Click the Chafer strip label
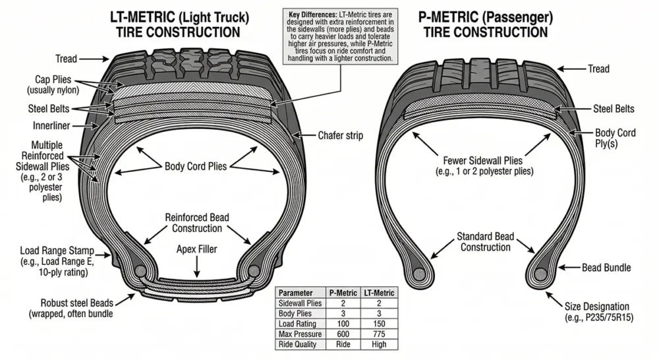[340, 136]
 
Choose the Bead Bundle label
[606, 268]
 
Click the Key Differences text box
[341, 36]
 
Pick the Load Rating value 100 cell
[343, 323]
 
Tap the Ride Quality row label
[298, 344]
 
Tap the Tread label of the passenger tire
[598, 69]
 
